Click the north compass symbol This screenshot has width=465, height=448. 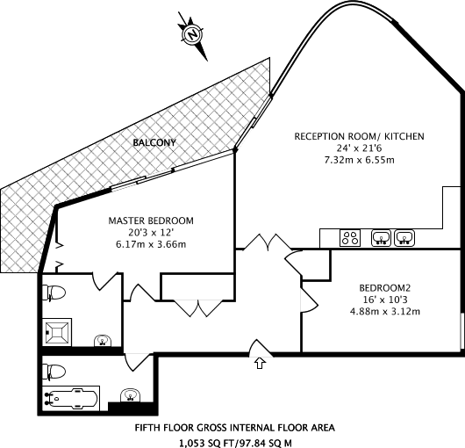click(192, 35)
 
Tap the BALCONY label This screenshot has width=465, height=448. click(154, 143)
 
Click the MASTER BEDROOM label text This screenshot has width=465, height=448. click(151, 220)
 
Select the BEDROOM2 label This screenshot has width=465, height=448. click(384, 288)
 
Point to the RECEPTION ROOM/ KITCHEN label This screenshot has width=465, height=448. click(359, 136)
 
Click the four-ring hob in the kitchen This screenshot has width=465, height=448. click(350, 238)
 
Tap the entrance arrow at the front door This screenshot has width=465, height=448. click(260, 363)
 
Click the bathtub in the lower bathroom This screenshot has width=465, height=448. click(71, 398)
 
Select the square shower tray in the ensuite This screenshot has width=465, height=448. click(57, 332)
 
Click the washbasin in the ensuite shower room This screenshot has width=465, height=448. click(103, 341)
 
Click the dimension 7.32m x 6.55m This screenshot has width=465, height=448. click(359, 161)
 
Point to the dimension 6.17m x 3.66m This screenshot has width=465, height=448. click(151, 244)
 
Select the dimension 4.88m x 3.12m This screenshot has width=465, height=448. click(384, 312)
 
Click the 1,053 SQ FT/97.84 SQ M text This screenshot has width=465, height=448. click(235, 444)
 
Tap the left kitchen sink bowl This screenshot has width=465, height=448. click(381, 238)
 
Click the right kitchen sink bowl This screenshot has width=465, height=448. click(404, 238)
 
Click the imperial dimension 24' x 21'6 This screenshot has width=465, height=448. click(359, 148)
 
